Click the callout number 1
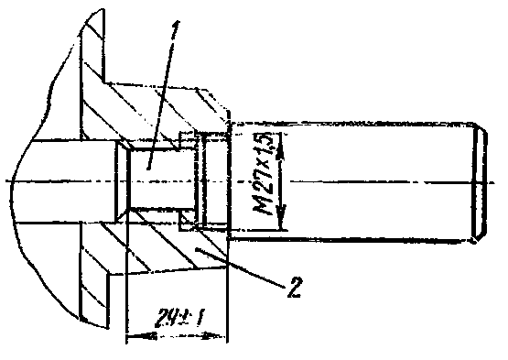pyautogui.click(x=175, y=32)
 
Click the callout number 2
pyautogui.click(x=294, y=287)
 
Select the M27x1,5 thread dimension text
pyautogui.click(x=263, y=174)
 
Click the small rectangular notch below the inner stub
pyautogui.click(x=187, y=220)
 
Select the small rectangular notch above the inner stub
pyautogui.click(x=188, y=140)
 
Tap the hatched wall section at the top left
pyautogui.click(x=92, y=74)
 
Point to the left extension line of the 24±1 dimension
pyautogui.click(x=126, y=276)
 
